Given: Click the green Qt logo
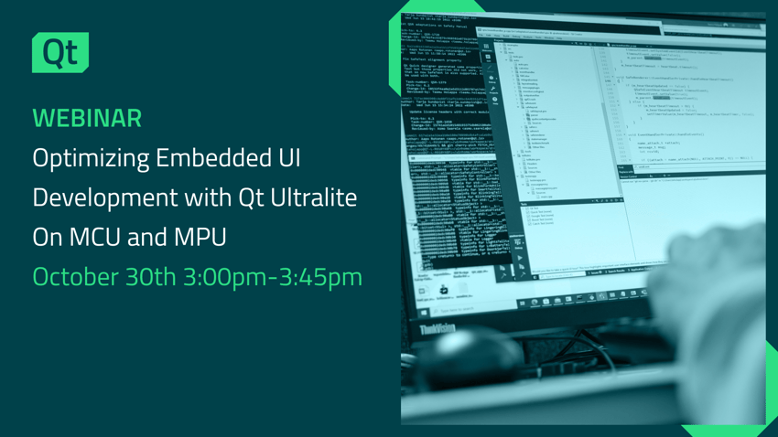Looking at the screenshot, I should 60,53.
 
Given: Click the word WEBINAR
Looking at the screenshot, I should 87,118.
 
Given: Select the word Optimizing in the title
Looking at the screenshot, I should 90,158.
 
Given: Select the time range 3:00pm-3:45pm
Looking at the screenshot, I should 280,276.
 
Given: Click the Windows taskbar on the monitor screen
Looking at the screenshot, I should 586,301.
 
